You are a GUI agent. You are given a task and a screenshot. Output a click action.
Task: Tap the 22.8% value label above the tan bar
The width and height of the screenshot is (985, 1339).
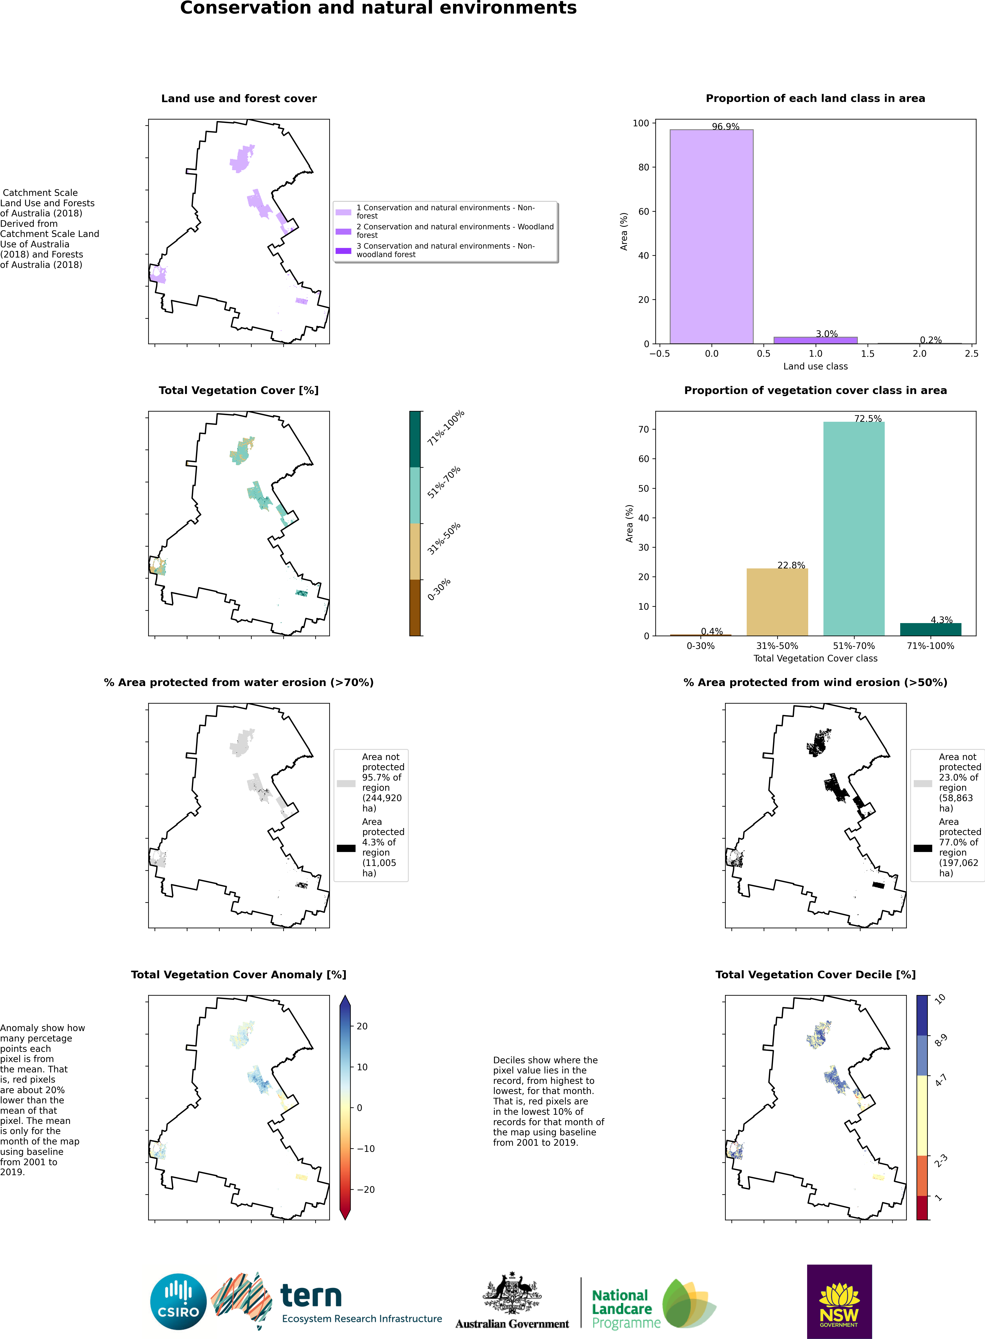tap(791, 565)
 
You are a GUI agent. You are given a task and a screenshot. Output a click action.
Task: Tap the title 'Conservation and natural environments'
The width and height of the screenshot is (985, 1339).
tap(378, 8)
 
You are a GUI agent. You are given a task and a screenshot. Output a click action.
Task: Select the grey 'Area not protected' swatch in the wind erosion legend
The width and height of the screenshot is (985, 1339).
tap(922, 783)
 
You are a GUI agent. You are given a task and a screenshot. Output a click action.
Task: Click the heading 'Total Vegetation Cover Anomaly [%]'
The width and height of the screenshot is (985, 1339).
tap(239, 974)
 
